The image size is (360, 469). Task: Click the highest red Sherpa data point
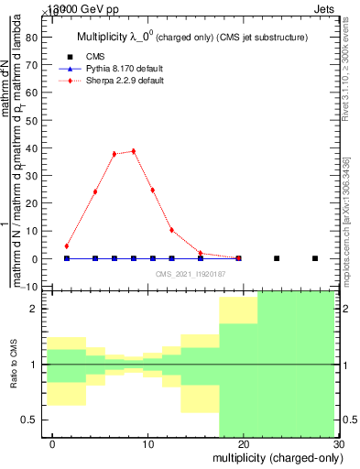[134, 151]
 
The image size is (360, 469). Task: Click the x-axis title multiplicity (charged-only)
[275, 457]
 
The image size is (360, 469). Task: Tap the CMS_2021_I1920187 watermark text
[191, 274]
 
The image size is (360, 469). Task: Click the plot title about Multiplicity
[191, 36]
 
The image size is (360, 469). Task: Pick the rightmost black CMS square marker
[315, 258]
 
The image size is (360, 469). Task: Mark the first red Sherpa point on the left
[67, 245]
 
